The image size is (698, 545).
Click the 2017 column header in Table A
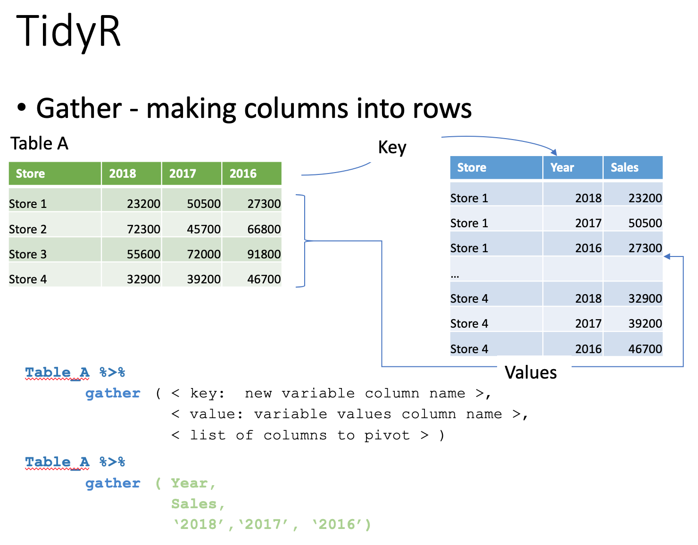(183, 173)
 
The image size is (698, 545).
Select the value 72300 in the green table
(143, 229)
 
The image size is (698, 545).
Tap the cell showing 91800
(264, 254)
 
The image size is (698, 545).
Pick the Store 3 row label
(28, 254)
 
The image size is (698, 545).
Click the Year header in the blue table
(562, 167)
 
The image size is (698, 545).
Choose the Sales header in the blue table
(624, 167)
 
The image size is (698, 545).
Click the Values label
(530, 372)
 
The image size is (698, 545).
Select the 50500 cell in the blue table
(645, 223)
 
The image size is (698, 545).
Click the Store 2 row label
(28, 229)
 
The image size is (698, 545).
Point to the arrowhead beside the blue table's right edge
(667, 256)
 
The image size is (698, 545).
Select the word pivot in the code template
(387, 436)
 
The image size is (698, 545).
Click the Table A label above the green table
(39, 143)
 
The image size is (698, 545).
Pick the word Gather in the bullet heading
(79, 108)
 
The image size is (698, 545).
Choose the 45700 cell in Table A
(204, 229)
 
